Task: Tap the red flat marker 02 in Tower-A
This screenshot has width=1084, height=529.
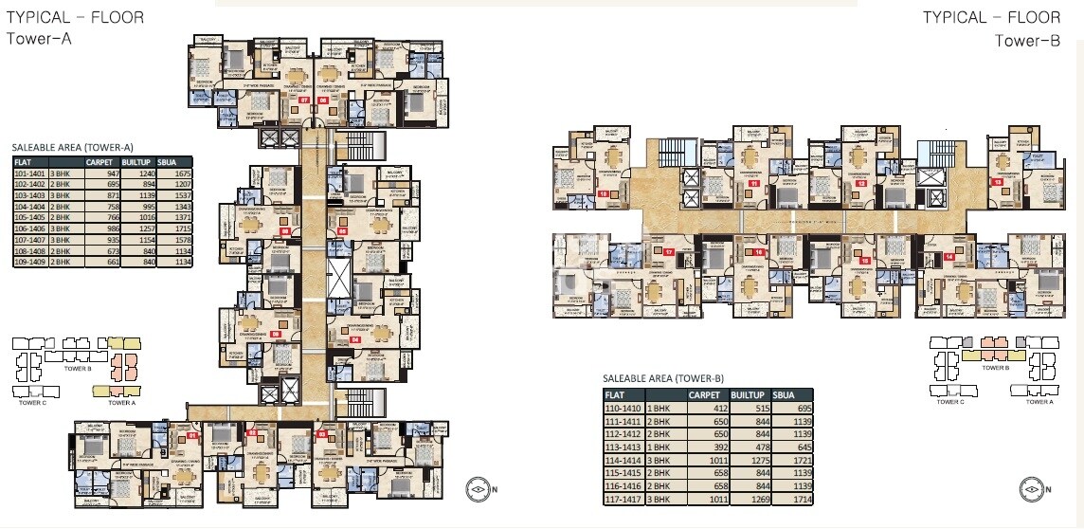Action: coord(252,433)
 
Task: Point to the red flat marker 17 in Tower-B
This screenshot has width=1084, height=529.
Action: coord(668,252)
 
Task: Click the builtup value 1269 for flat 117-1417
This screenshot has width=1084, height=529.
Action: coord(745,497)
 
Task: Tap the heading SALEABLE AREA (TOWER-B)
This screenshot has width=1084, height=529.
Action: coord(663,379)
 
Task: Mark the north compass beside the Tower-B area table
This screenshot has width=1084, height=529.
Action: coord(1035,489)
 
